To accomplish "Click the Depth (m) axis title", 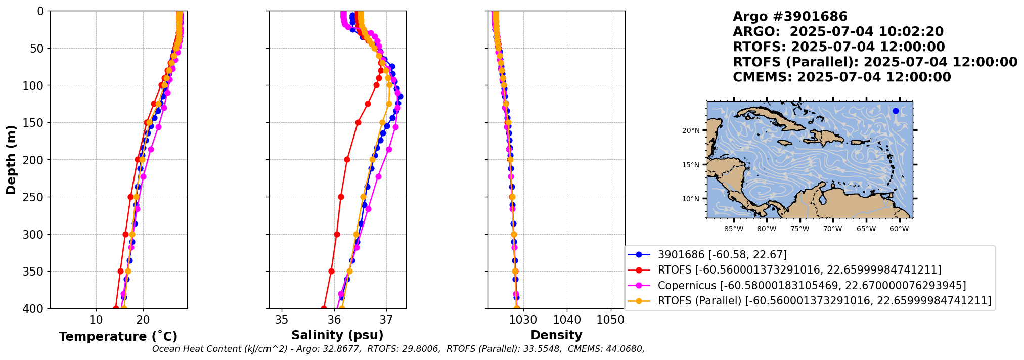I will pyautogui.click(x=11, y=160).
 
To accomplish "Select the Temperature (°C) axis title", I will pyautogui.click(x=118, y=336).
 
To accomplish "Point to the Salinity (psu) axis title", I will pyautogui.click(x=337, y=335).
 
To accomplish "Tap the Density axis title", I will pyautogui.click(x=556, y=335).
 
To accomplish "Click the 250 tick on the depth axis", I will pyautogui.click(x=36, y=197).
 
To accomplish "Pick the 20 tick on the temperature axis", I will pyautogui.click(x=143, y=320).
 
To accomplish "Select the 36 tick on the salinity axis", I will pyautogui.click(x=334, y=320).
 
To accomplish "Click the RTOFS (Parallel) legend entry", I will pyautogui.click(x=824, y=301).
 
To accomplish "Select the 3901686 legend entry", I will pyautogui.click(x=722, y=255).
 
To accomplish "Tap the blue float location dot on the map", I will pyautogui.click(x=896, y=111).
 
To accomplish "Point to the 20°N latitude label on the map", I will pyautogui.click(x=691, y=130).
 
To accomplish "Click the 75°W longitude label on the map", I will pyautogui.click(x=799, y=229).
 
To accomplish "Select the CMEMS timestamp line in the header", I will pyautogui.click(x=841, y=77).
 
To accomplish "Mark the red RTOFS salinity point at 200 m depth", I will pyautogui.click(x=347, y=160).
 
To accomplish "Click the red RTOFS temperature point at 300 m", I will pyautogui.click(x=125, y=234).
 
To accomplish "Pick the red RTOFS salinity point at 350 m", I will pyautogui.click(x=331, y=271).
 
